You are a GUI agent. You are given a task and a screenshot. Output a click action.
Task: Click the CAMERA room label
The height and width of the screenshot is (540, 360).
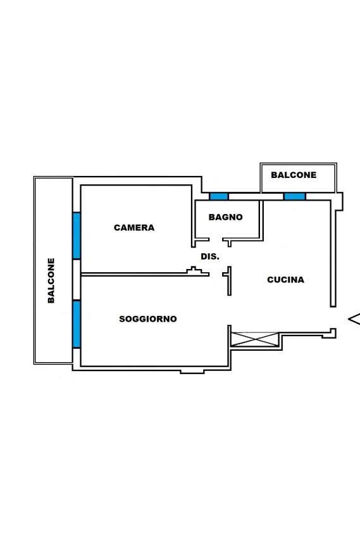pos(134,228)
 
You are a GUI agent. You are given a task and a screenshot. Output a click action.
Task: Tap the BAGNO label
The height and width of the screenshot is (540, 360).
pos(225,217)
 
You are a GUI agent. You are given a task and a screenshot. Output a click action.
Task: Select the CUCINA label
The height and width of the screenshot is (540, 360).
pos(286,280)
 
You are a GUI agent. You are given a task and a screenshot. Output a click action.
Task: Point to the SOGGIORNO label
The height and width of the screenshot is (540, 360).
pos(148,319)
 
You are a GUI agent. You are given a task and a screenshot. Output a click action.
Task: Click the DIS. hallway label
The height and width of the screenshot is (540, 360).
pos(210,257)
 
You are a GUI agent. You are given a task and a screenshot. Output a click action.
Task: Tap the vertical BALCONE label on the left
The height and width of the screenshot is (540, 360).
pos(51,280)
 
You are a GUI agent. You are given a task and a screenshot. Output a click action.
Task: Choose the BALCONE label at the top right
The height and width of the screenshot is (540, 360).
pos(294,175)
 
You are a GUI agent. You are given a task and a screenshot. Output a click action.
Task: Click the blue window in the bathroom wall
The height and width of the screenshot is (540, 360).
pos(219,196)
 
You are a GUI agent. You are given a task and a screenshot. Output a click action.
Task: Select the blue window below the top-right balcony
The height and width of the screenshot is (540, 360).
pos(295,196)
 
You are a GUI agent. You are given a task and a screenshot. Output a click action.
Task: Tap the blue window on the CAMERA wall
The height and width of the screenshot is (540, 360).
pos(77,235)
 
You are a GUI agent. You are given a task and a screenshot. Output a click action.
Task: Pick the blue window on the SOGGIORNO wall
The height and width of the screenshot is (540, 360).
pos(77,324)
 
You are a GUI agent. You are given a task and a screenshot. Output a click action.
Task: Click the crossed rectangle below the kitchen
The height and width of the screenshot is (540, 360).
pos(255,339)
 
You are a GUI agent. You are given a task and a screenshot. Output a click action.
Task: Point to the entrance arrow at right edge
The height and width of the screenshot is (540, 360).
pos(354,319)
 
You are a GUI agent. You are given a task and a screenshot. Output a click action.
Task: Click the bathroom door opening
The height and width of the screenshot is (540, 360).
pos(216,239)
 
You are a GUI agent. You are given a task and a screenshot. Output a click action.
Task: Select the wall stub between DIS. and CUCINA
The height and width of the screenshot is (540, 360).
pos(229,280)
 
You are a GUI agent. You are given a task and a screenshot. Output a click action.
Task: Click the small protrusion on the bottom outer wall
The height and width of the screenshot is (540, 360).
pos(192,372)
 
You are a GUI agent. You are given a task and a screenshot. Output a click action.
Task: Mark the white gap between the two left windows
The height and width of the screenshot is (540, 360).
pos(77,280)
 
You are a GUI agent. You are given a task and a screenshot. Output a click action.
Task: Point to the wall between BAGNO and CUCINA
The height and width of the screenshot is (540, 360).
pos(261,220)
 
